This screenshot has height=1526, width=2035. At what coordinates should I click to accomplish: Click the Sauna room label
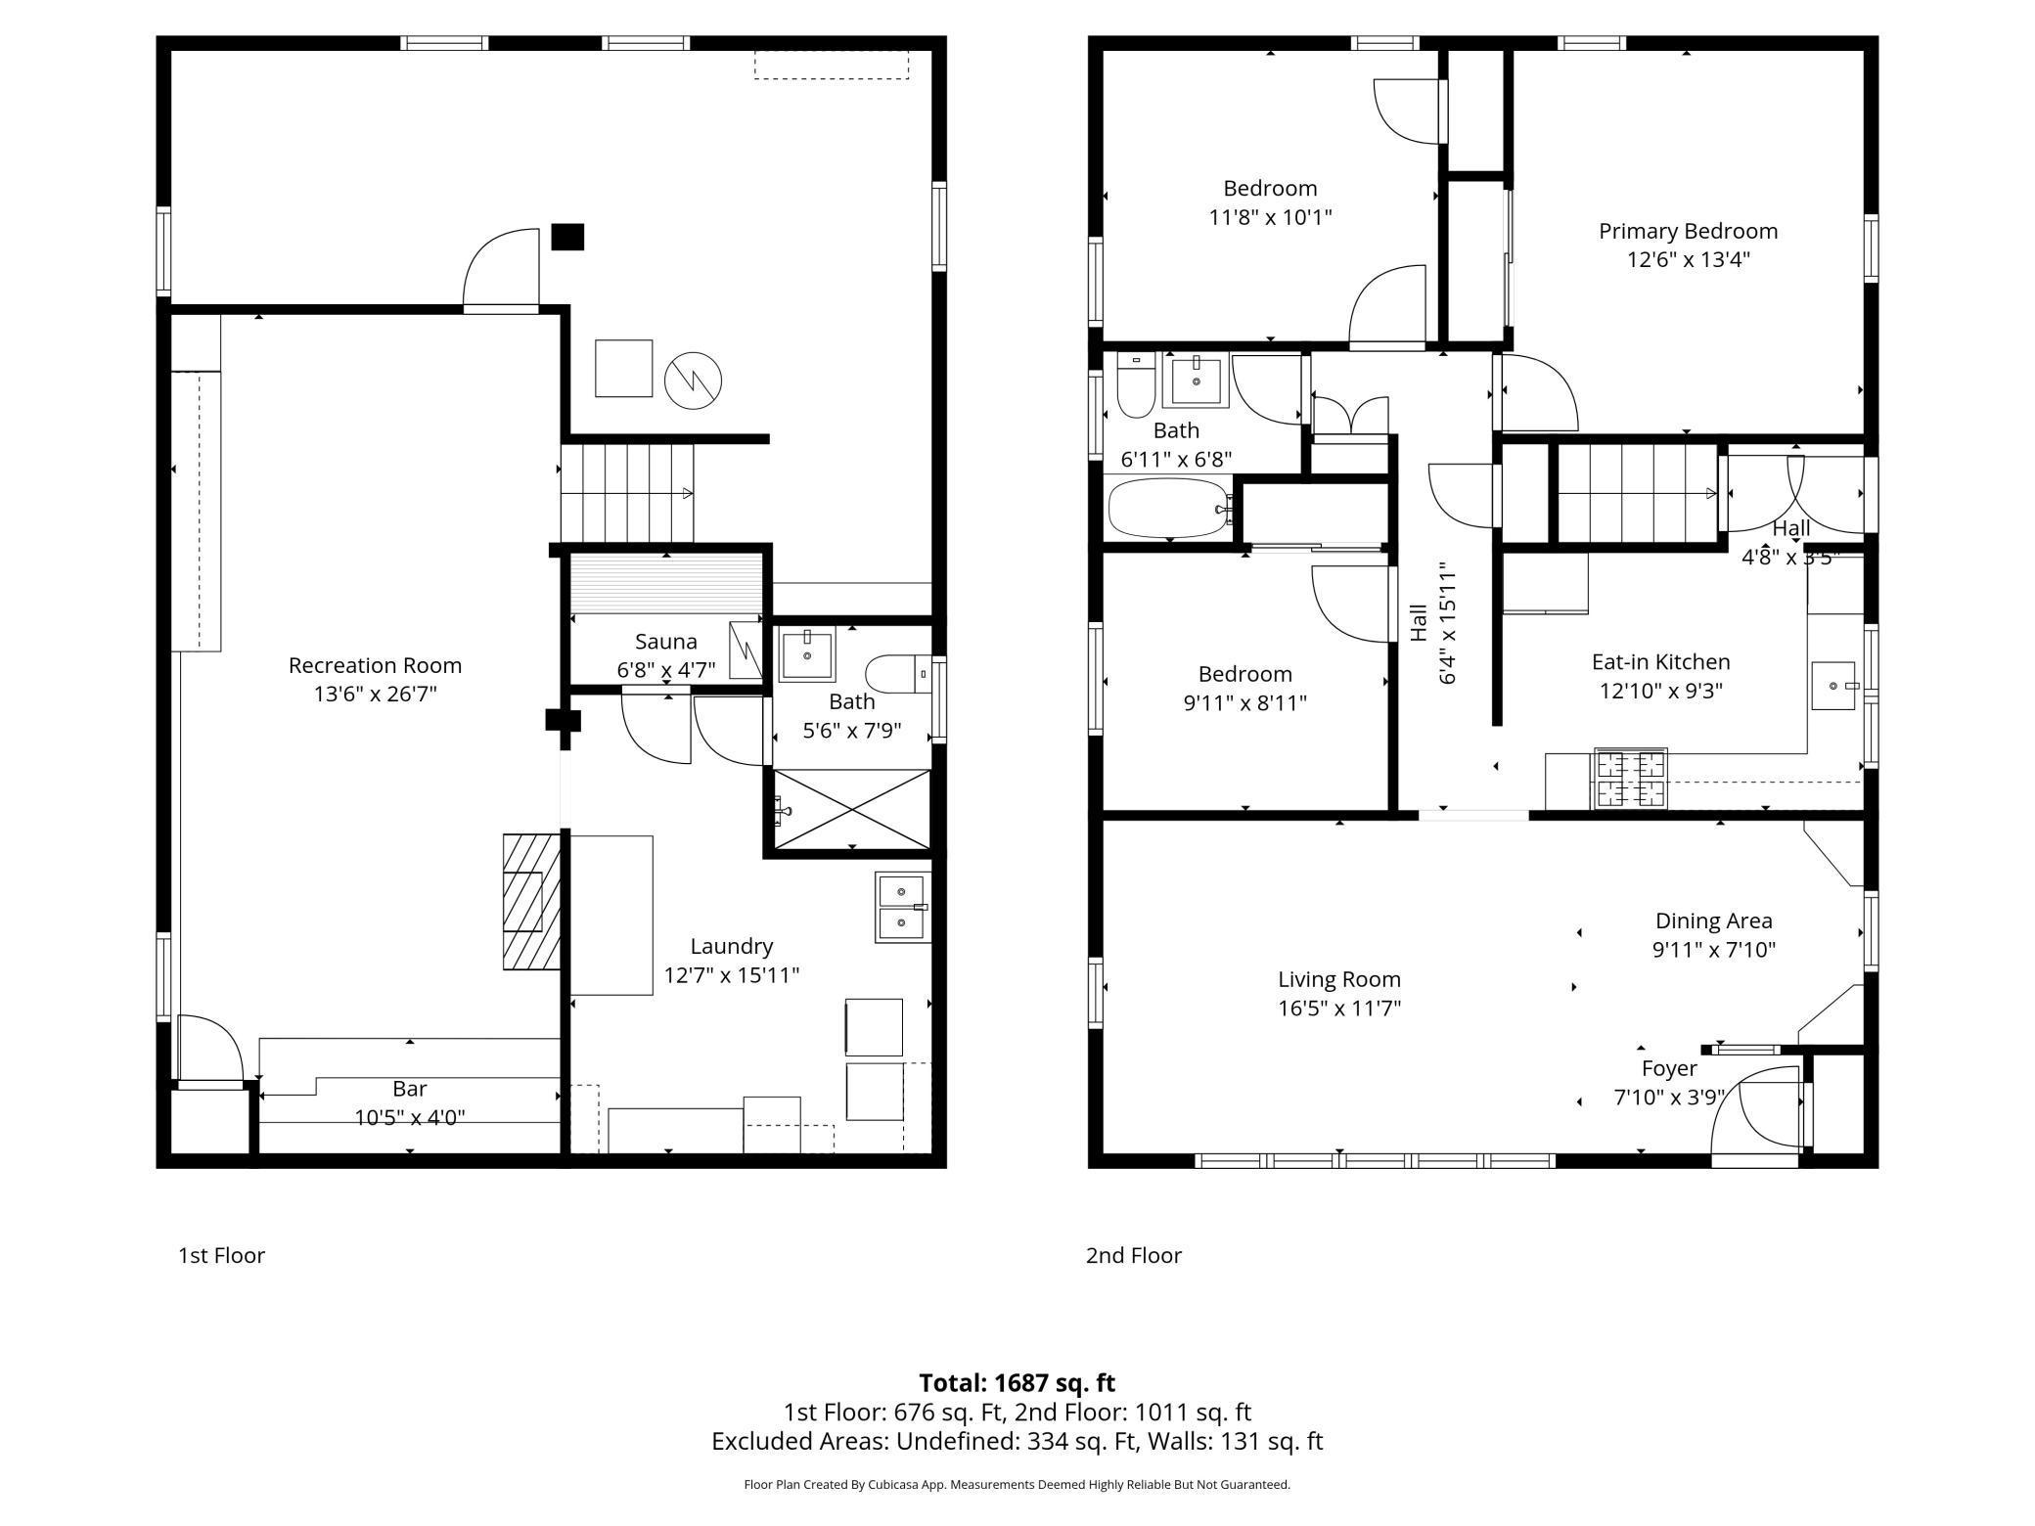tap(666, 642)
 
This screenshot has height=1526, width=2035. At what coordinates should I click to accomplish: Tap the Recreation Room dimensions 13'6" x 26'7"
tap(375, 695)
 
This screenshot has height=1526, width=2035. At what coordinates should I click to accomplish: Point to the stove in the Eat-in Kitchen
tap(1631, 779)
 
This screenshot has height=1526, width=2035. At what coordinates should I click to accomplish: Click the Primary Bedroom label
tap(1688, 231)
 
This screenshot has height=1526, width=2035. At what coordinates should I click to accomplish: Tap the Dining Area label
tap(1713, 920)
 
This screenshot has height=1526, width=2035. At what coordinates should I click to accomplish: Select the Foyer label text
tap(1669, 1069)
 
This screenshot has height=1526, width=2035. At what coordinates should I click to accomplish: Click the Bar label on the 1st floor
tap(410, 1089)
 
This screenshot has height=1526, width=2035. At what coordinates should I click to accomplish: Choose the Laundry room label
tap(732, 946)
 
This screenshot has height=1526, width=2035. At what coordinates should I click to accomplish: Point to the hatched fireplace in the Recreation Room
tap(531, 902)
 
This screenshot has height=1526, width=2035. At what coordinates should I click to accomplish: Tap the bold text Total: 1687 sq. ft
tap(1017, 1383)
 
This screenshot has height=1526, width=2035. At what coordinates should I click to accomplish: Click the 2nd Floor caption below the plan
tap(1133, 1255)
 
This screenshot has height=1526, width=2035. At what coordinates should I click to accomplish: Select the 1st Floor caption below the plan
tap(221, 1255)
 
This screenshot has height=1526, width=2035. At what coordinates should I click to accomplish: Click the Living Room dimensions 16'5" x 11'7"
tap(1339, 1009)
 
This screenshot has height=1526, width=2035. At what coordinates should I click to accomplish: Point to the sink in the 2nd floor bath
tap(1196, 380)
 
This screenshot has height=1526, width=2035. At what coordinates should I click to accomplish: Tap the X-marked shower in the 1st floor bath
tap(852, 810)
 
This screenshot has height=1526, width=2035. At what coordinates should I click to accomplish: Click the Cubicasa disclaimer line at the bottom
tap(1017, 1485)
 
